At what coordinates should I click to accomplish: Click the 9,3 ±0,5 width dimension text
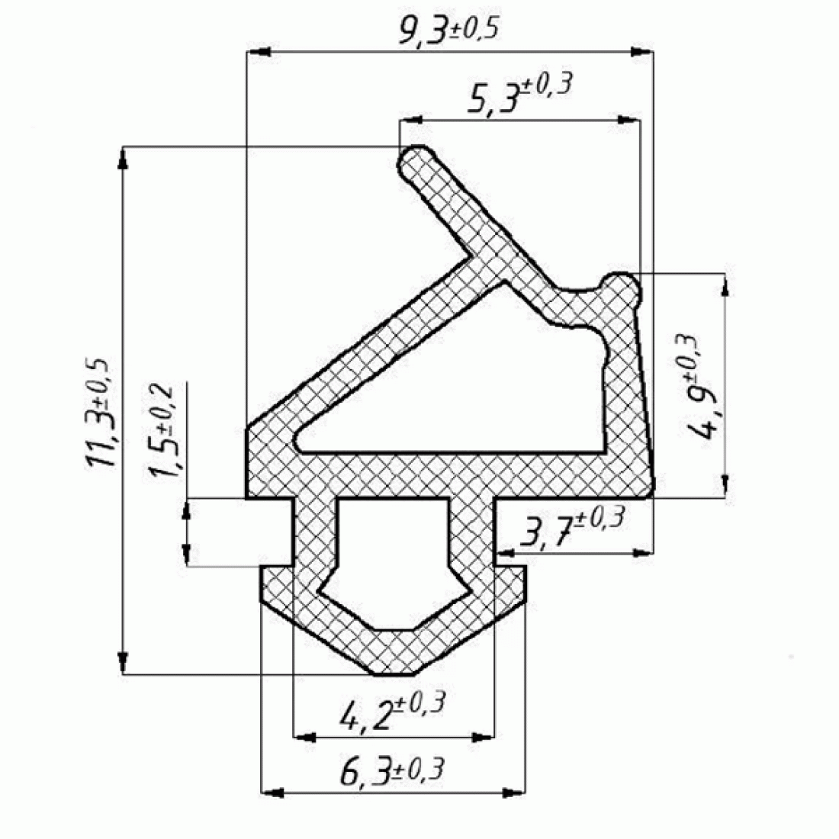click(x=448, y=30)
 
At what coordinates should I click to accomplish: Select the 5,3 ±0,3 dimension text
click(x=519, y=93)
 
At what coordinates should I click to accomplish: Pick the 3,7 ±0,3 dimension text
click(x=571, y=528)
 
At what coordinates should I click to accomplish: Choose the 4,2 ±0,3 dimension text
click(x=392, y=712)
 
